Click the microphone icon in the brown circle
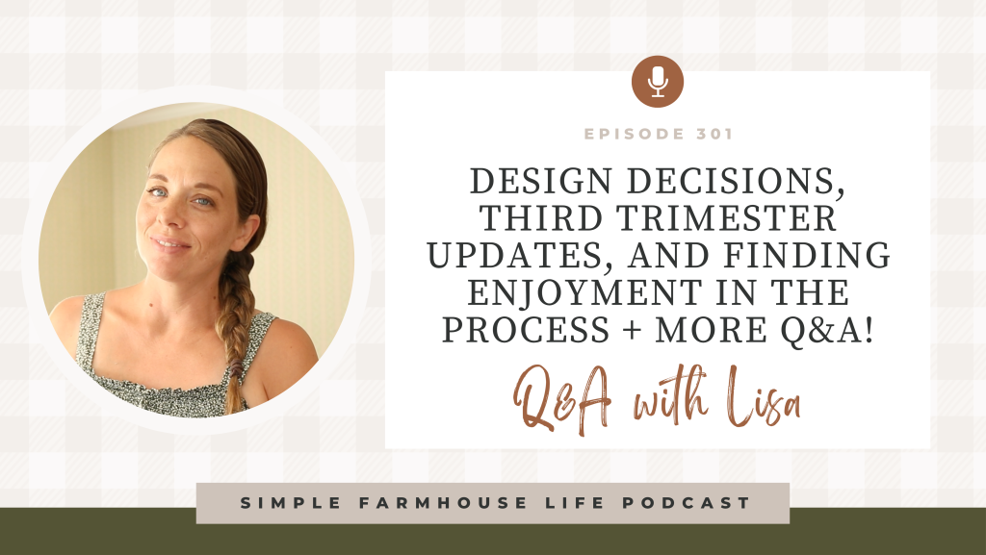tap(658, 82)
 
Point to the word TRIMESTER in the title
tap(726, 218)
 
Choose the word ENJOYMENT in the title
tap(584, 292)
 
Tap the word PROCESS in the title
tap(526, 330)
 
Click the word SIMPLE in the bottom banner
tap(291, 503)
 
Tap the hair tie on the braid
tap(235, 367)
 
